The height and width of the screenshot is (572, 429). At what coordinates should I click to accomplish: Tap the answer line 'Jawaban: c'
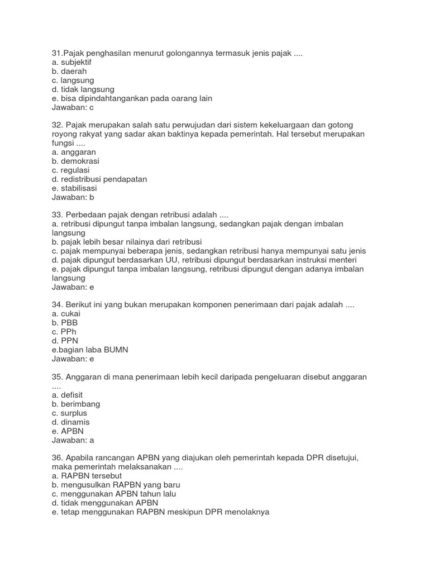pos(73,107)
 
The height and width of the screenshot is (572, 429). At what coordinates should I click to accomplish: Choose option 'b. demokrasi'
pos(75,161)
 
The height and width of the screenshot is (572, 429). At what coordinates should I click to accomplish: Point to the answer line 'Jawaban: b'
pos(73,197)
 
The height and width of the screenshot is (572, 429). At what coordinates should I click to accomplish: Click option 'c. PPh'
pos(64,332)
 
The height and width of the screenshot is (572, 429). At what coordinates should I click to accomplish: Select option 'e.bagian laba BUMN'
pos(90,350)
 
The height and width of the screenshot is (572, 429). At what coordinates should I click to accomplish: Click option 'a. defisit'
pos(67,394)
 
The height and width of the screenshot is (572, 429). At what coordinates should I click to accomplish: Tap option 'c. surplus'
pos(69,413)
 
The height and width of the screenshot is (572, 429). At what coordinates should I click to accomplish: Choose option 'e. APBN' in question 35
pos(66,431)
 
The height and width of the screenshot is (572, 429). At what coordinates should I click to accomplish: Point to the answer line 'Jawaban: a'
pos(73,440)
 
